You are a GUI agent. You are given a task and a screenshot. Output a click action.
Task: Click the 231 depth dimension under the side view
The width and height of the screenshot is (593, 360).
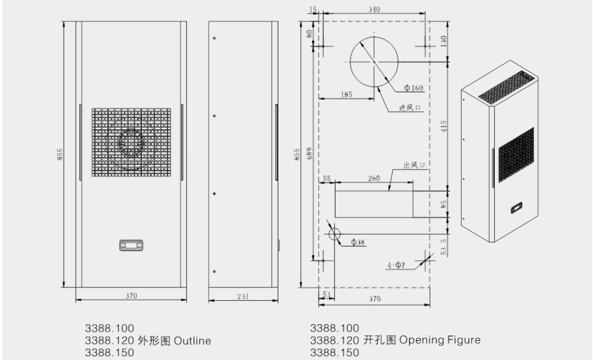(x=243, y=297)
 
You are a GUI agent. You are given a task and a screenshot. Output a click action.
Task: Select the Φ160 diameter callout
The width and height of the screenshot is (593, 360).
(x=413, y=88)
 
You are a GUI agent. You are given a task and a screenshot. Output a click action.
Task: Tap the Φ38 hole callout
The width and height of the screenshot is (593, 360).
(x=358, y=242)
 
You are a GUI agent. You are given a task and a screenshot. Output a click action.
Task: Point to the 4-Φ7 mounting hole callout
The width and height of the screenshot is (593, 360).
(x=396, y=265)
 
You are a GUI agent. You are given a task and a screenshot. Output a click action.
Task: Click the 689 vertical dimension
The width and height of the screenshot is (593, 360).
(x=309, y=153)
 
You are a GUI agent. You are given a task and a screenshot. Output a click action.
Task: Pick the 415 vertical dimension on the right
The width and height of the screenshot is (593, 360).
(x=444, y=126)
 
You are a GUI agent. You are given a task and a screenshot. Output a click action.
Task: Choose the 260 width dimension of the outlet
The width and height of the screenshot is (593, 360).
(x=374, y=178)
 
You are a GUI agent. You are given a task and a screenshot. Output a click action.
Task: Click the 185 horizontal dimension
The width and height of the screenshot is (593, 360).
(x=346, y=95)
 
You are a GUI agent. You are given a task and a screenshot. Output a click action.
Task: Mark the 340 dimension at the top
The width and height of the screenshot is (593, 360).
(x=374, y=9)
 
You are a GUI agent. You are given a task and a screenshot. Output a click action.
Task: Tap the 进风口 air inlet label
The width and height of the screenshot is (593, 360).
(x=410, y=108)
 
